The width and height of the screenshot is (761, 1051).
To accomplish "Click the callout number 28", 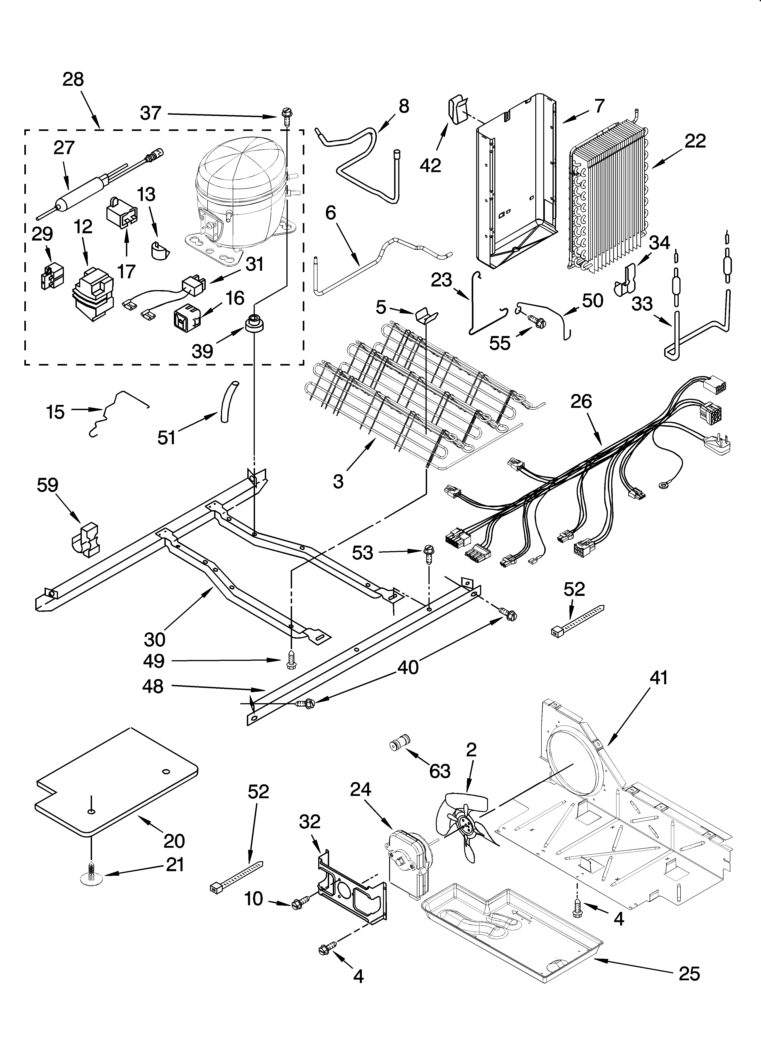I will pos(73,80).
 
